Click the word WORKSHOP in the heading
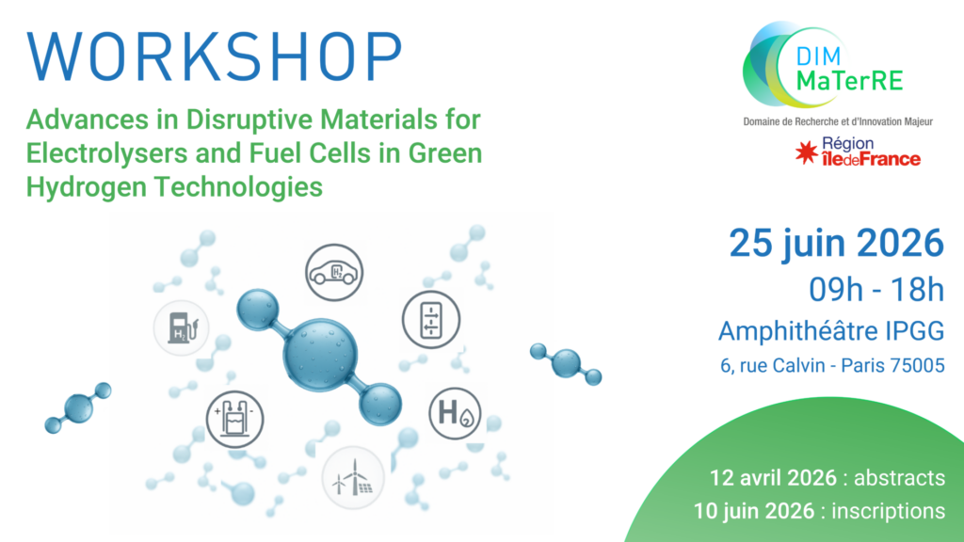tap(215, 56)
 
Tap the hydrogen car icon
tap(334, 272)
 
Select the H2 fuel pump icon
tap(182, 327)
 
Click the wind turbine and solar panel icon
tap(353, 478)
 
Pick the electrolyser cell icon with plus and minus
tap(234, 419)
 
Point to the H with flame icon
tap(455, 413)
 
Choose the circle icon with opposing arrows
tap(431, 320)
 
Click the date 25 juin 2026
tap(836, 244)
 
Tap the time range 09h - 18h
tap(876, 290)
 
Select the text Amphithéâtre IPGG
tap(831, 331)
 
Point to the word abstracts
tap(899, 478)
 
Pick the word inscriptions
tap(889, 511)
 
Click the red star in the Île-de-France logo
tap(807, 151)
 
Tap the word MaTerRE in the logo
tap(850, 80)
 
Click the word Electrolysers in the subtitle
tap(106, 153)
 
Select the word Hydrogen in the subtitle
tap(87, 187)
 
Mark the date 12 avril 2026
tap(774, 478)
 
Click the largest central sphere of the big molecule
tap(320, 355)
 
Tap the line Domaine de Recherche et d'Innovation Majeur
tap(838, 121)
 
